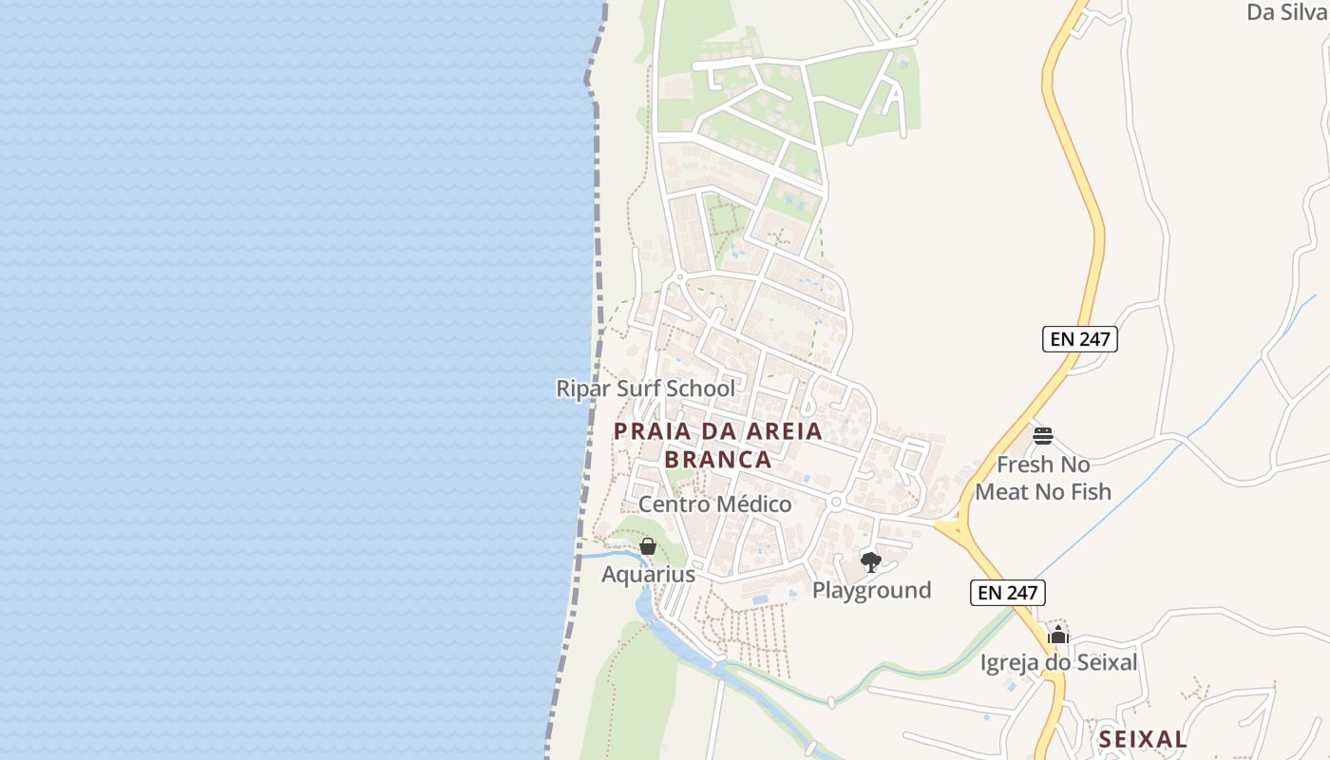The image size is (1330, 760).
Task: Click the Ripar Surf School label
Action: (x=645, y=389)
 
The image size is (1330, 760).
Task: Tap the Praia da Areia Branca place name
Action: (x=718, y=445)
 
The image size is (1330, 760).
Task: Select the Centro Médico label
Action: (x=714, y=504)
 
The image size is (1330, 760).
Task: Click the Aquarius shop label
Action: (x=648, y=575)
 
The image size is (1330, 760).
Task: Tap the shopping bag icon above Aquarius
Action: (x=648, y=546)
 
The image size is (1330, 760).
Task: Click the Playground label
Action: (x=871, y=590)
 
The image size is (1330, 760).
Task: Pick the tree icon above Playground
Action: (x=870, y=561)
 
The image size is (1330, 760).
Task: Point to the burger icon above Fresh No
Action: (x=1043, y=436)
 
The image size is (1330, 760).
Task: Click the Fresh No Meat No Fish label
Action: (x=1043, y=478)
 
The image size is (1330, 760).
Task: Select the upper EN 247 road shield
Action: (x=1079, y=339)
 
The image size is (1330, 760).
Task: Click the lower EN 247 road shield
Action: (x=1007, y=593)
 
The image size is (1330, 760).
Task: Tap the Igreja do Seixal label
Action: (x=1058, y=662)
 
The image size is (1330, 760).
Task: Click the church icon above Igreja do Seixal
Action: (x=1058, y=635)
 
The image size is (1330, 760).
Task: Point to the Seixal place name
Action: (x=1143, y=739)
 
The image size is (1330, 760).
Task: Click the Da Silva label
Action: (x=1286, y=12)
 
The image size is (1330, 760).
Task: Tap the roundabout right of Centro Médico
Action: (x=836, y=501)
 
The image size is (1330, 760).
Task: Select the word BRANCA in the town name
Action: (x=718, y=460)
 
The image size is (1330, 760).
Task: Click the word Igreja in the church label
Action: (x=1010, y=662)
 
